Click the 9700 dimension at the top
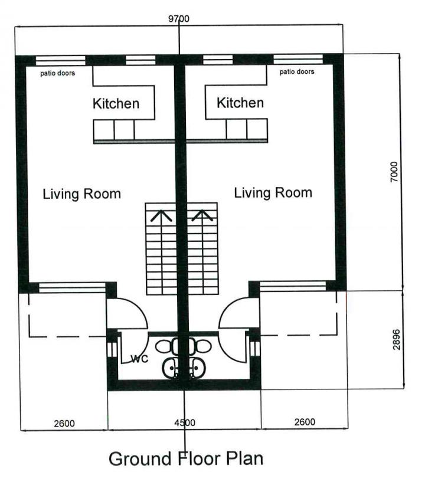click(x=179, y=19)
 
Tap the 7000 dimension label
click(x=394, y=172)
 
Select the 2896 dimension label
click(x=396, y=340)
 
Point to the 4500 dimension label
click(x=185, y=422)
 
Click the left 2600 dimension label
click(x=64, y=423)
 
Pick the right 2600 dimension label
click(x=305, y=422)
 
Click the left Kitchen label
click(x=116, y=103)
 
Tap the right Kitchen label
click(x=240, y=103)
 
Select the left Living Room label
click(x=81, y=194)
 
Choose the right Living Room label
click(x=273, y=193)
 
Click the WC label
click(x=140, y=359)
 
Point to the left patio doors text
click(x=58, y=73)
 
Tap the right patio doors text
click(x=297, y=72)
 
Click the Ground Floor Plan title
click(x=186, y=458)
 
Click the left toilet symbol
click(x=167, y=346)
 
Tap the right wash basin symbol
click(x=196, y=368)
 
